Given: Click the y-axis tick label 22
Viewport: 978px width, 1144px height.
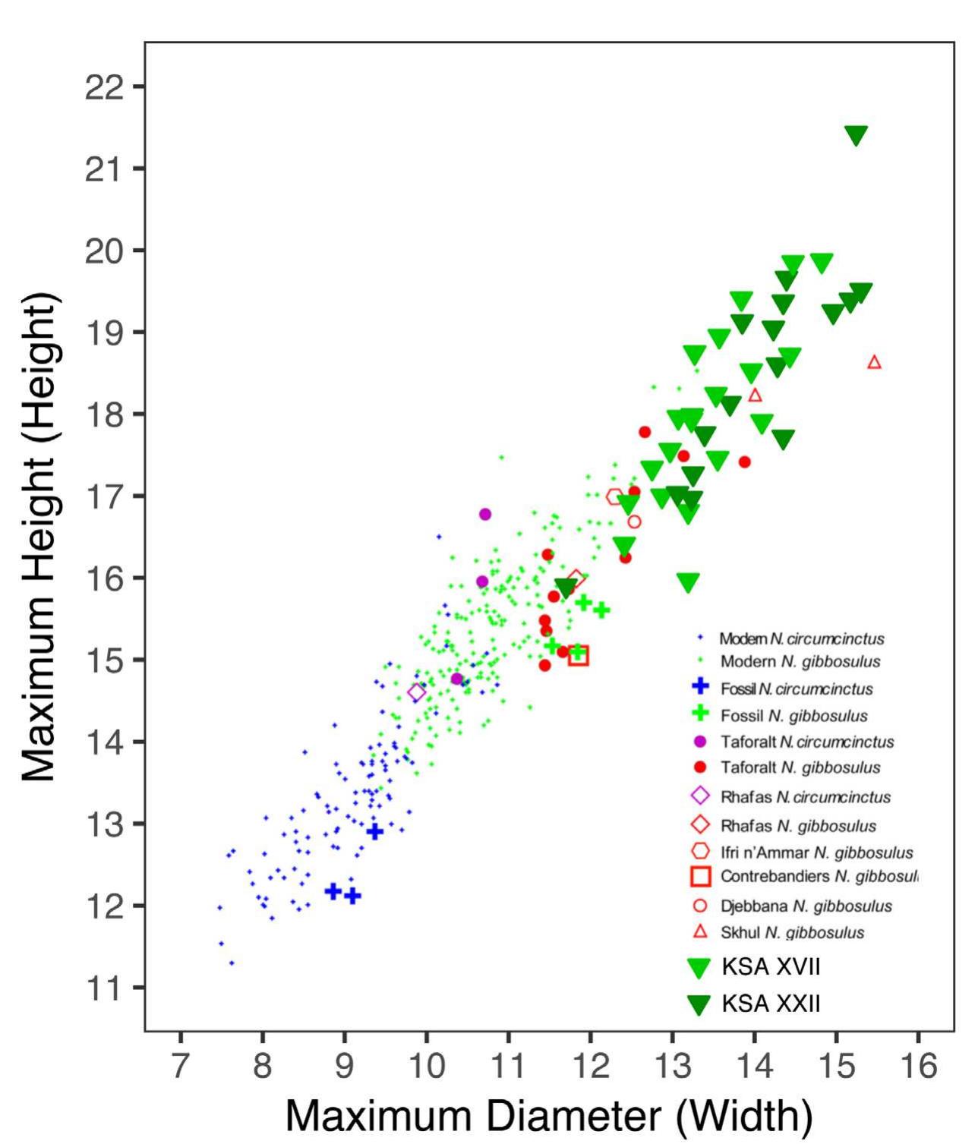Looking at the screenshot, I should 104,87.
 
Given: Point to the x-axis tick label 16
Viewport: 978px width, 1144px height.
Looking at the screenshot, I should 918,1066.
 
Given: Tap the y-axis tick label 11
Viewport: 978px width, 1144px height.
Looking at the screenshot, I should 104,988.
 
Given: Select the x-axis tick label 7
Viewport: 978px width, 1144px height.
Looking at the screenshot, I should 180,1066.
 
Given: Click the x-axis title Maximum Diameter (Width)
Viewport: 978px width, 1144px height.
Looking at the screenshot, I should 548,1115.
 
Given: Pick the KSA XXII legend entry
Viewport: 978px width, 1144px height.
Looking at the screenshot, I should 771,1004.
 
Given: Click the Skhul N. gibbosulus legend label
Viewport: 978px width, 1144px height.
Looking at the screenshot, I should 792,933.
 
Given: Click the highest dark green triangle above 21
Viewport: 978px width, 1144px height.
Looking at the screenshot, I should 856,135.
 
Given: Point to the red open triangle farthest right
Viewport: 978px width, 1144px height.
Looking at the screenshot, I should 874,362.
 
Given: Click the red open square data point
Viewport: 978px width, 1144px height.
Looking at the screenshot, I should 579,656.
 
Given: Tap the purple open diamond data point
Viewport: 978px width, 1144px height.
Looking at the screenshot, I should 416,692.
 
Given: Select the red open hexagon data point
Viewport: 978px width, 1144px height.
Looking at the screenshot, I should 614,497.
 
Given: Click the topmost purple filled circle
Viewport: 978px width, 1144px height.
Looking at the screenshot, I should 485,514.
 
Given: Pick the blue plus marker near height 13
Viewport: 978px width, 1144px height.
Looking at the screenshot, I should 374,831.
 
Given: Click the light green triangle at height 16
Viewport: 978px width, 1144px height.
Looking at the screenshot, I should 688,582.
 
